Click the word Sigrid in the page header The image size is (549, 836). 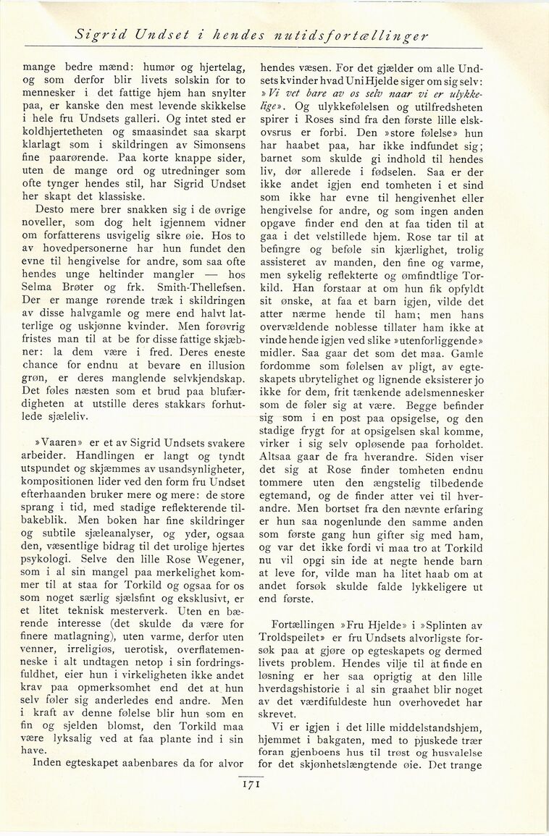click(101, 35)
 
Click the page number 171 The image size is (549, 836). click(248, 782)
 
